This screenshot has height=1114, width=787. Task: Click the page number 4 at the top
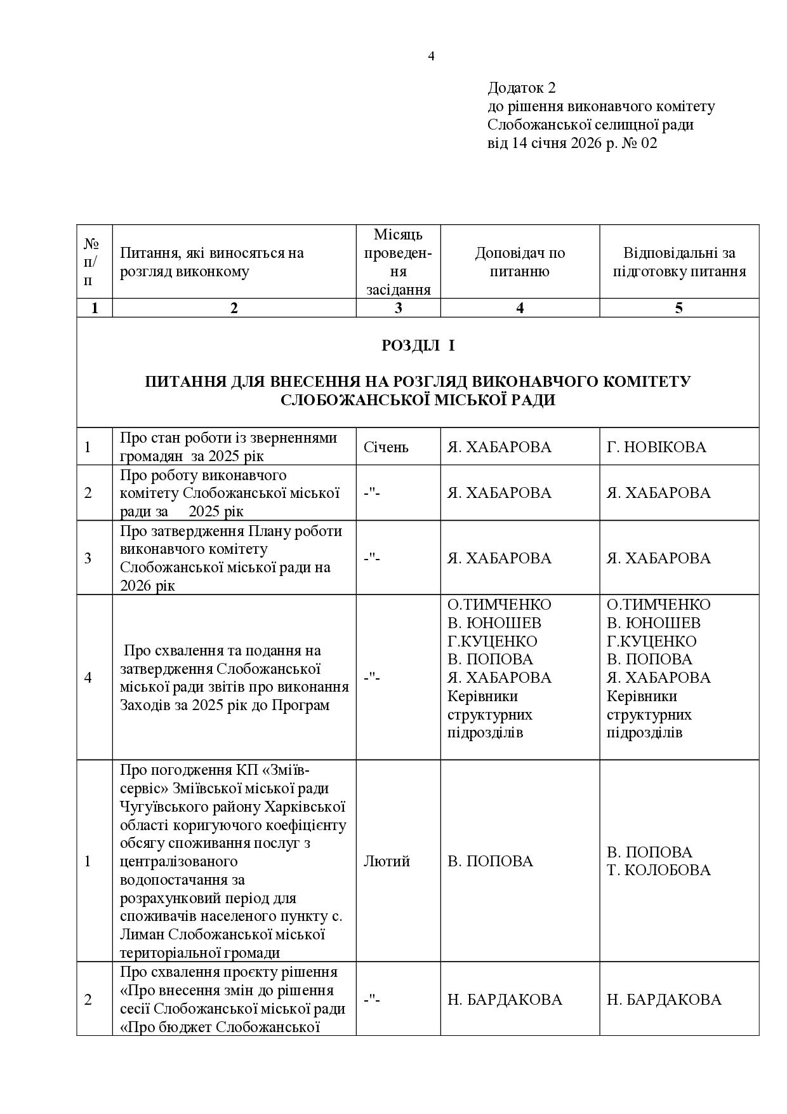tap(431, 57)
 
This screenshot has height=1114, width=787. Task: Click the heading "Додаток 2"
tap(521, 87)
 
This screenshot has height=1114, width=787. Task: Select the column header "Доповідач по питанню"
tap(520, 262)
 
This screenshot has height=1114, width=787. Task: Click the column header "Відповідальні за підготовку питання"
tap(678, 262)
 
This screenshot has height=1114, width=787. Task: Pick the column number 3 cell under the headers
tap(398, 308)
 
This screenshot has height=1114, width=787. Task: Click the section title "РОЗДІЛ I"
tap(418, 346)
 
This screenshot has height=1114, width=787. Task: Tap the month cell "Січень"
tap(386, 447)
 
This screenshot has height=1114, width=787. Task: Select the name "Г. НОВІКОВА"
tap(656, 447)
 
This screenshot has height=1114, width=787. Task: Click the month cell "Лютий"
tap(387, 861)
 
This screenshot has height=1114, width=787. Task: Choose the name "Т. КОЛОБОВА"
tap(659, 870)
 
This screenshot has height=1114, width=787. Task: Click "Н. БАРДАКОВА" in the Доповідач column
tap(505, 1000)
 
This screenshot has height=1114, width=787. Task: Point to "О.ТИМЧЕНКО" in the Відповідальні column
tap(658, 605)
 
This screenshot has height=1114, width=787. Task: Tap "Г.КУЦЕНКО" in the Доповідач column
tap(492, 641)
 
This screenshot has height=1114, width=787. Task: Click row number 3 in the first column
tap(88, 558)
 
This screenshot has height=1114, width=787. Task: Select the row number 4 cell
tap(88, 678)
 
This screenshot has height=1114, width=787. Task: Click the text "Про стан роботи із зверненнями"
tap(228, 438)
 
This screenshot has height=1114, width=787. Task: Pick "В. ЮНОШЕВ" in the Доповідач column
tap(494, 623)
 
